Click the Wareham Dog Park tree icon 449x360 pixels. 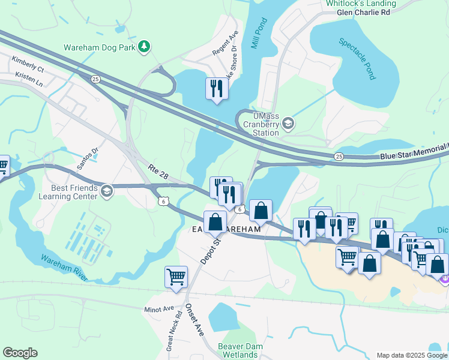[x=144, y=46]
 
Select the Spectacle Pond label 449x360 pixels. [x=357, y=59]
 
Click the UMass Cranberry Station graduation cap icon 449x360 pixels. [x=288, y=124]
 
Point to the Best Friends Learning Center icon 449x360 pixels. [x=107, y=191]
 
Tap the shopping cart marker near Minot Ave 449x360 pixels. [x=176, y=277]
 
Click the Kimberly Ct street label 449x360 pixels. [x=28, y=65]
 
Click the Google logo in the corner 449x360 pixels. [x=20, y=353]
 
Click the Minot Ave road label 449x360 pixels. [x=158, y=311]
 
